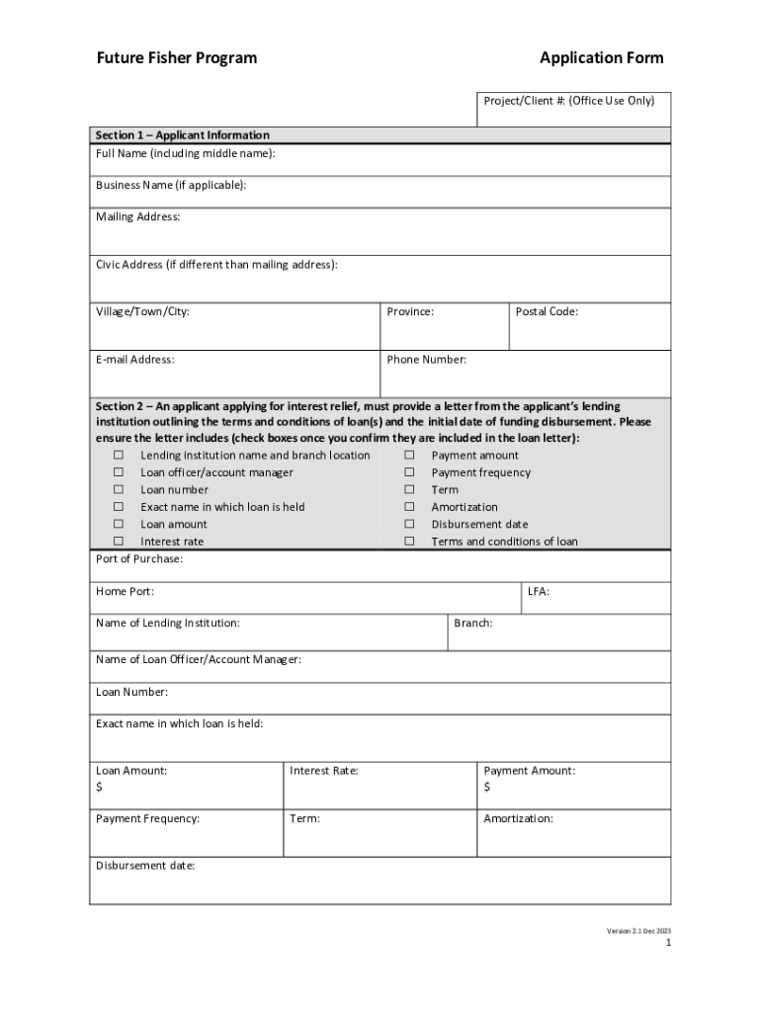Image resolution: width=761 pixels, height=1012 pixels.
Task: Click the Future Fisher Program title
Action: pyautogui.click(x=176, y=58)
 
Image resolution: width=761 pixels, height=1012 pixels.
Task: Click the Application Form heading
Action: pyautogui.click(x=601, y=58)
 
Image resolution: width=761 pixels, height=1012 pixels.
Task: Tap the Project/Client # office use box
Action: pyautogui.click(x=573, y=110)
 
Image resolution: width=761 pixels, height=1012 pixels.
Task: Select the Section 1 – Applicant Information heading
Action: pyautogui.click(x=182, y=135)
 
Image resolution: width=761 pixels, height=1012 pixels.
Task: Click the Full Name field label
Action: pyautogui.click(x=185, y=154)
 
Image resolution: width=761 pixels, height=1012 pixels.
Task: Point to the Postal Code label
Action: pyautogui.click(x=547, y=312)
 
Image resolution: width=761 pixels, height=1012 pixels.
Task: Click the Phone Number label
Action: pyautogui.click(x=426, y=360)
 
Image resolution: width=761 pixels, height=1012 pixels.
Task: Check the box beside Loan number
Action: pyautogui.click(x=118, y=490)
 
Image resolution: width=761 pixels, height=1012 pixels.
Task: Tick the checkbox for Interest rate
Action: pyautogui.click(x=118, y=542)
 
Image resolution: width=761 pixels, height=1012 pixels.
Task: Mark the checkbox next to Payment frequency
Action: pyautogui.click(x=408, y=472)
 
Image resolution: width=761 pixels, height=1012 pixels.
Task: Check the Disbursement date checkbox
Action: pyautogui.click(x=408, y=525)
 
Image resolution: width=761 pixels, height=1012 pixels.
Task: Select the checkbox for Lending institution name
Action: pyautogui.click(x=118, y=456)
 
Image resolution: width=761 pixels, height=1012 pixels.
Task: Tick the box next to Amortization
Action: pyautogui.click(x=408, y=507)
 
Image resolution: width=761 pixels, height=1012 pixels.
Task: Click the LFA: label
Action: pyautogui.click(x=539, y=592)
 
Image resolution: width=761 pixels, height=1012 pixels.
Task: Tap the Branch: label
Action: pyautogui.click(x=472, y=624)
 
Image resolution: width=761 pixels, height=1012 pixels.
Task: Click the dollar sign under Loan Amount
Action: pyautogui.click(x=99, y=788)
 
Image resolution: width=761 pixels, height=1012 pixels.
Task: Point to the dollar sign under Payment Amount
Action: pyautogui.click(x=487, y=788)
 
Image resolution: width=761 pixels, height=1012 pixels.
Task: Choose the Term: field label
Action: pyautogui.click(x=304, y=819)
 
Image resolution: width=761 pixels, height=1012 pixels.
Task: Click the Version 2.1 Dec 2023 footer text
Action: pyautogui.click(x=638, y=932)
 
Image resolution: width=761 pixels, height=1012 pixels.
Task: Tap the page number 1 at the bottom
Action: pyautogui.click(x=668, y=944)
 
